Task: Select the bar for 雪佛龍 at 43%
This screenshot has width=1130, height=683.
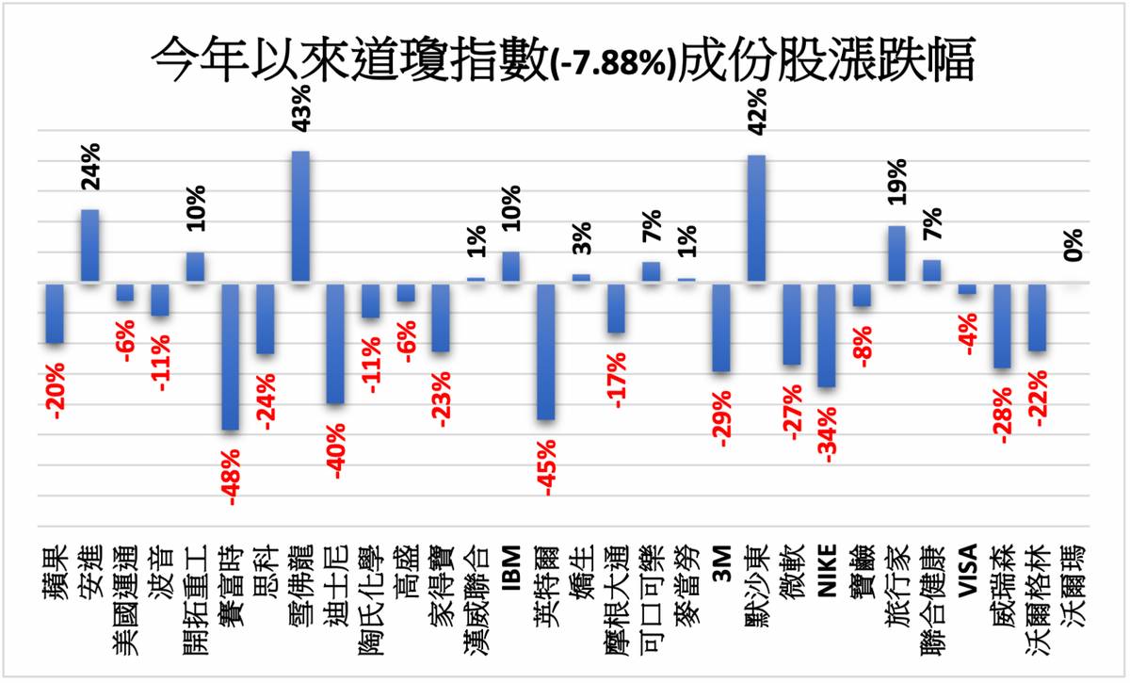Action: click(x=300, y=217)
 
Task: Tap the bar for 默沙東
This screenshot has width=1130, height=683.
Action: click(x=756, y=219)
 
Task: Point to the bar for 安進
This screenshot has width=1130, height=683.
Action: click(x=90, y=246)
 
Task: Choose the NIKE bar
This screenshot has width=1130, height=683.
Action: click(x=827, y=334)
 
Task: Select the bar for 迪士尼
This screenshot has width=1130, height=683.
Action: click(x=335, y=343)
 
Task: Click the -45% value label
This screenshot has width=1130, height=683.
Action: click(x=547, y=462)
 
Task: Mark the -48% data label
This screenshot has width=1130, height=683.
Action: click(x=232, y=473)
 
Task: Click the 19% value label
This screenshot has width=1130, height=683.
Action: click(x=896, y=182)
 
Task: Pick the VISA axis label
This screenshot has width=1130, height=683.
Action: click(x=967, y=572)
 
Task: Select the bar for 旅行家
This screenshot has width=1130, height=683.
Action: click(x=896, y=254)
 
